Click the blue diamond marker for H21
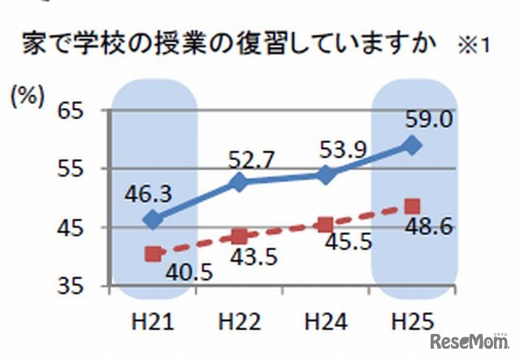(x=154, y=219)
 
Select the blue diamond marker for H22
(x=239, y=182)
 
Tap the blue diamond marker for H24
(x=325, y=175)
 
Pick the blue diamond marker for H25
(x=412, y=145)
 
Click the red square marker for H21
(x=154, y=254)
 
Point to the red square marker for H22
(x=239, y=236)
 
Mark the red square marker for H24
(x=325, y=225)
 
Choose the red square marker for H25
(x=412, y=206)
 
